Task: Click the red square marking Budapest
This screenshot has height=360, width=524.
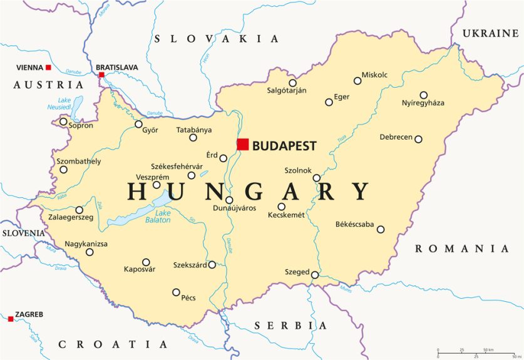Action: click(243, 145)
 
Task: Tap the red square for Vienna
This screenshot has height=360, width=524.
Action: click(48, 67)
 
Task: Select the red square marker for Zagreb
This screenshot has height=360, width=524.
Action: click(11, 319)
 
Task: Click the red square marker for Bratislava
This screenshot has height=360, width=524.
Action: click(101, 75)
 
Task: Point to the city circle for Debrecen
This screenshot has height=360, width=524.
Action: click(418, 139)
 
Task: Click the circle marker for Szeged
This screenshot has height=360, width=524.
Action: click(315, 274)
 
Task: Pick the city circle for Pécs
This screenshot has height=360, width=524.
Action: click(176, 292)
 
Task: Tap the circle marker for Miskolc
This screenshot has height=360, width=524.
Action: click(357, 80)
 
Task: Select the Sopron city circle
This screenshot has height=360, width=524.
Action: click(63, 121)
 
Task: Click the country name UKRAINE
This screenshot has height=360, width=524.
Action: click(490, 33)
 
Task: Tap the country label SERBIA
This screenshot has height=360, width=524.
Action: click(290, 326)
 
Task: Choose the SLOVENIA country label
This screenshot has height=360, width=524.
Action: click(23, 233)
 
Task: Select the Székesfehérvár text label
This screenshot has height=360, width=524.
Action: click(177, 166)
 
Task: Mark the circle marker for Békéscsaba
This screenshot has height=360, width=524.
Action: click(380, 229)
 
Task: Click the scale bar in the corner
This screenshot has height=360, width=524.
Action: click(476, 351)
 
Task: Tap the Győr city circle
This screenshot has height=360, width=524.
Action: click(139, 124)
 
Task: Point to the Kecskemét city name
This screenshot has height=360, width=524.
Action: click(286, 215)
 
